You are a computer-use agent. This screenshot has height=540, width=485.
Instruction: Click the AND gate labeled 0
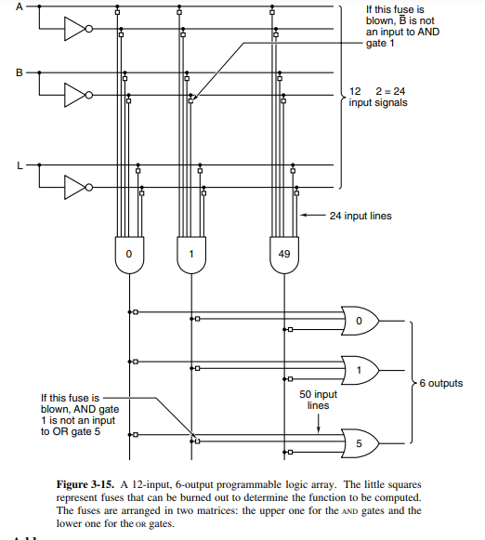pyautogui.click(x=129, y=255)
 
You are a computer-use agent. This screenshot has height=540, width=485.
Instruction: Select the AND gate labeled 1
pyautogui.click(x=191, y=255)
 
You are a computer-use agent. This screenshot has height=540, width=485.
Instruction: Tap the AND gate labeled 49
pyautogui.click(x=284, y=255)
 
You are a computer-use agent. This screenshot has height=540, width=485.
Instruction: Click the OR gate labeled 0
pyautogui.click(x=360, y=321)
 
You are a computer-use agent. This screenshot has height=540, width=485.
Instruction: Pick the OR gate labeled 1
pyautogui.click(x=360, y=370)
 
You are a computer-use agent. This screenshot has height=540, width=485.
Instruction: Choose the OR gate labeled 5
pyautogui.click(x=360, y=443)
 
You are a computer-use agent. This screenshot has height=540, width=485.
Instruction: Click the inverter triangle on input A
pyautogui.click(x=78, y=29)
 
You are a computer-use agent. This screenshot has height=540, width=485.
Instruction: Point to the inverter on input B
pyautogui.click(x=78, y=95)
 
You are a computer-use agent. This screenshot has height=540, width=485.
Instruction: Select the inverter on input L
pyautogui.click(x=78, y=188)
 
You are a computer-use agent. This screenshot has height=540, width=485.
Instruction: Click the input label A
pyautogui.click(x=20, y=7)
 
